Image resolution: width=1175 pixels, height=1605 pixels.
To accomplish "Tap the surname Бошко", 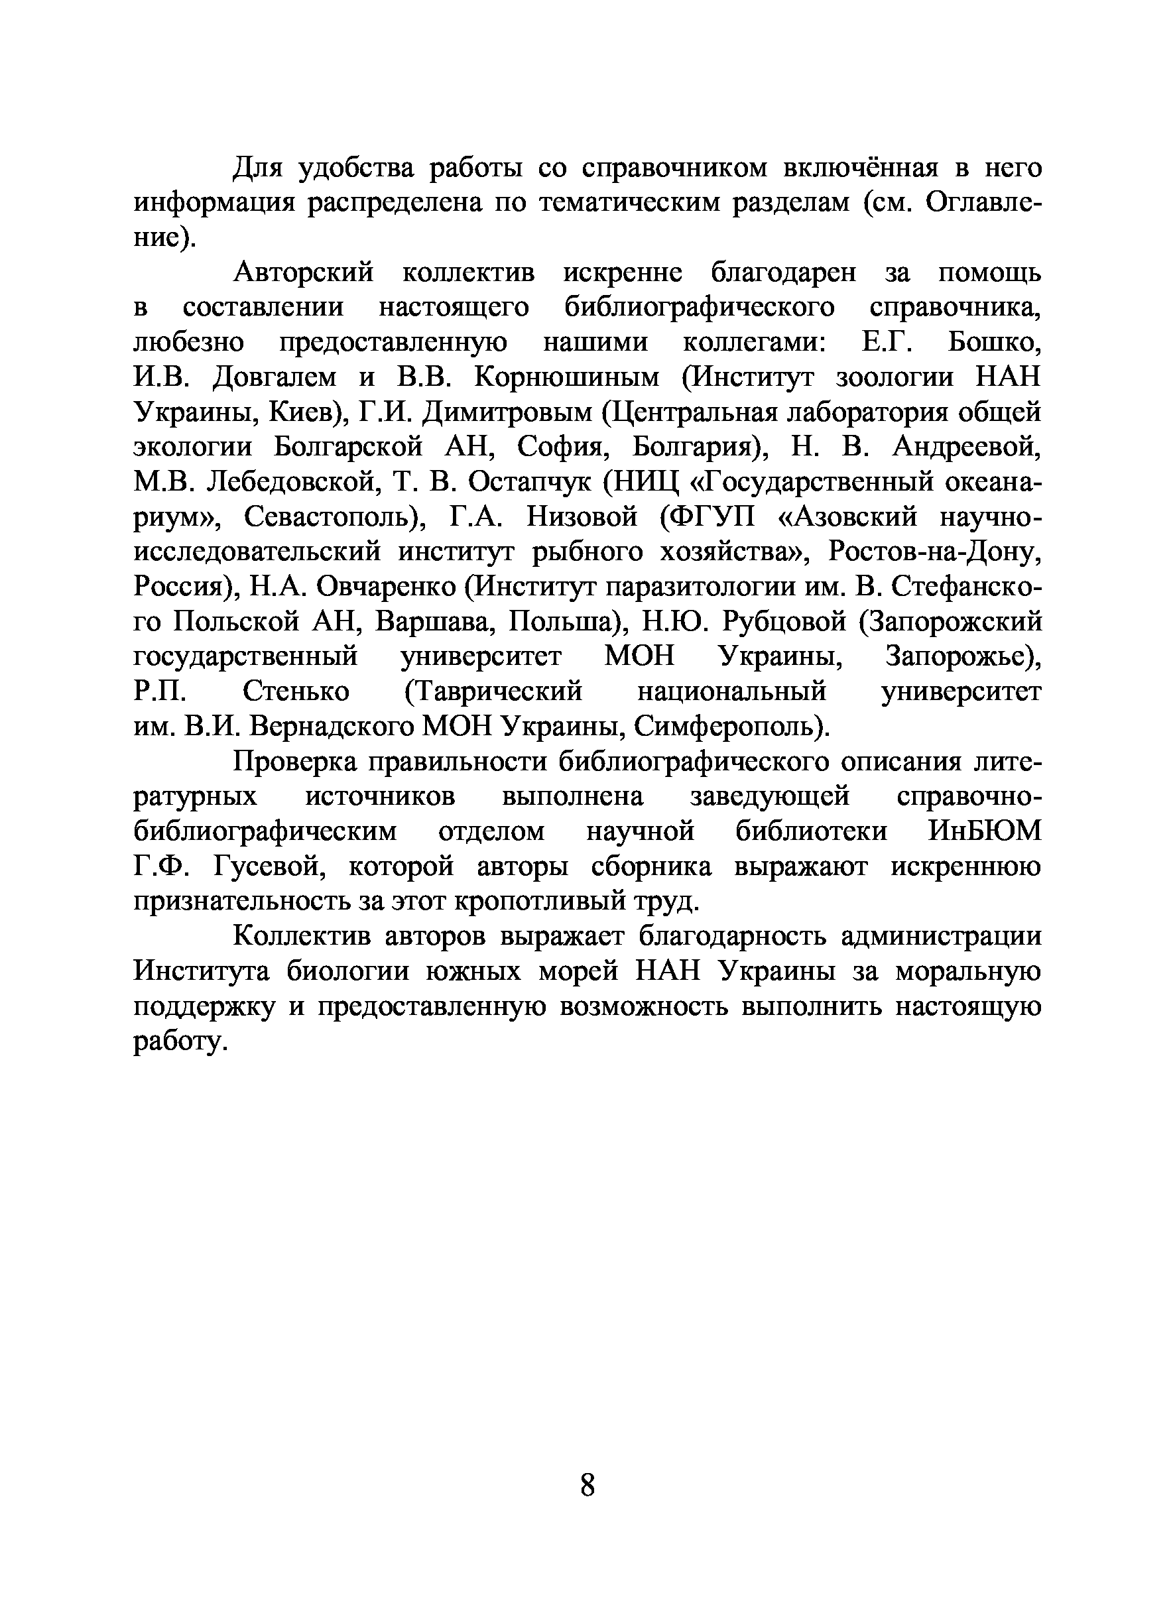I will click(995, 343).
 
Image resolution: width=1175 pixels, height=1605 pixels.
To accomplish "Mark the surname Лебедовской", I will click(290, 482).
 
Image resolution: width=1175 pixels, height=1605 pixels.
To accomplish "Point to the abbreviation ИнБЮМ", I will click(985, 831).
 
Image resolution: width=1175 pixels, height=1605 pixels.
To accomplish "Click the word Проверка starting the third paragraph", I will click(298, 762).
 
